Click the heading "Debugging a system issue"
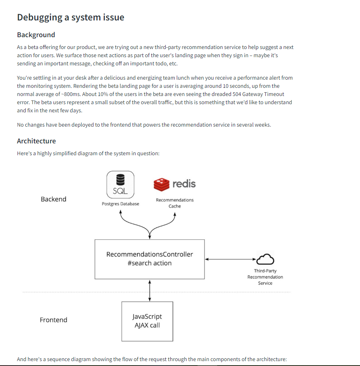(71, 17)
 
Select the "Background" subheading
(36, 35)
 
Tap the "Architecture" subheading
(36, 141)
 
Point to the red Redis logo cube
(161, 185)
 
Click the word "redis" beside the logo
(184, 184)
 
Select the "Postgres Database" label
(120, 204)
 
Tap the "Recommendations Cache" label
(175, 203)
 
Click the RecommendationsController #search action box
(149, 259)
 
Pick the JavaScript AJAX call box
(147, 321)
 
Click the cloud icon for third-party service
(265, 259)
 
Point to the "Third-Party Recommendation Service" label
(265, 277)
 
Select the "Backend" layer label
(53, 199)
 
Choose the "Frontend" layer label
(53, 320)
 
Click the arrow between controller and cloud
(231, 259)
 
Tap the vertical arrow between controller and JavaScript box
(150, 290)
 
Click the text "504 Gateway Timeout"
(258, 94)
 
